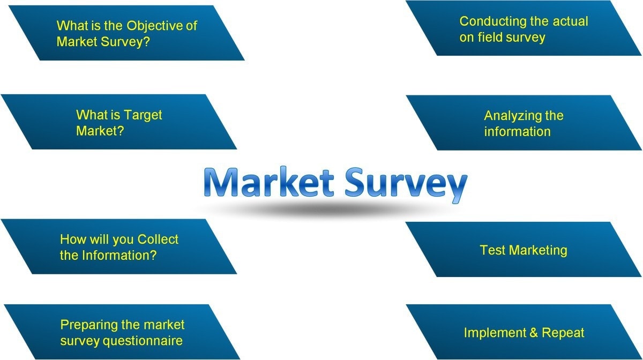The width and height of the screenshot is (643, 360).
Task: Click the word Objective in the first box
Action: tap(153, 26)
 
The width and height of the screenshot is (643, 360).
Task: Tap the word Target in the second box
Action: tap(143, 115)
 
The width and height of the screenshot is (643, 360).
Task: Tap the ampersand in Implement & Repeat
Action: tap(534, 333)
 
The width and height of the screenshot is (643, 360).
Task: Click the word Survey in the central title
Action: tap(405, 184)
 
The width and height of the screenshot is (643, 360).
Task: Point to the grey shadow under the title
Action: tap(332, 210)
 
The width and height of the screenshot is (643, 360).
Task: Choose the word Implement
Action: tap(496, 333)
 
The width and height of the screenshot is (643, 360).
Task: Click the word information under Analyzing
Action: tap(517, 132)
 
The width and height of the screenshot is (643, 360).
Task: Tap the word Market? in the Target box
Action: tap(100, 131)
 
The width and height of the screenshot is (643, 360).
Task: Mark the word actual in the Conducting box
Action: tap(570, 21)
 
